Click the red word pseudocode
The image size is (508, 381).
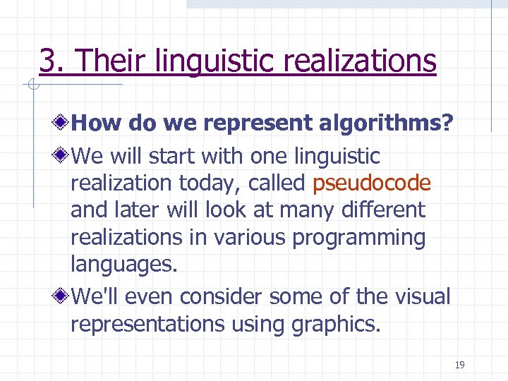(371, 183)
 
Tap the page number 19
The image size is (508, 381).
(459, 365)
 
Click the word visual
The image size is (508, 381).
(419, 297)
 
